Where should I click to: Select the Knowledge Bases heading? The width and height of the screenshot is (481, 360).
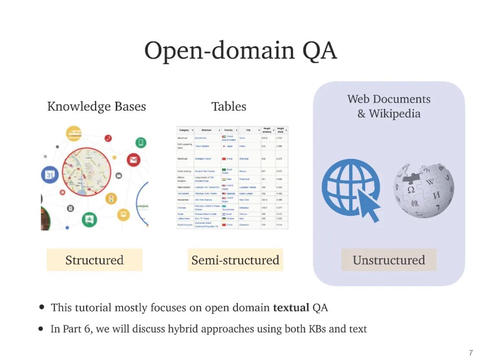pyautogui.click(x=97, y=107)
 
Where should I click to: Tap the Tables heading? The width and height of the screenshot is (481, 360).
pyautogui.click(x=229, y=107)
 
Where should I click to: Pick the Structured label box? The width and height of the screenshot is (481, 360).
pyautogui.click(x=94, y=260)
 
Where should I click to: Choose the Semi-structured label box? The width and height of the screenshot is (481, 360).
pyautogui.click(x=235, y=260)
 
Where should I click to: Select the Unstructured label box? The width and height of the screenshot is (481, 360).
pyautogui.click(x=389, y=260)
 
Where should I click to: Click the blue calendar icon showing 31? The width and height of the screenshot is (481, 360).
pyautogui.click(x=50, y=175)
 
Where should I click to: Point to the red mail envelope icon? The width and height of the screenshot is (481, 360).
pyautogui.click(x=133, y=159)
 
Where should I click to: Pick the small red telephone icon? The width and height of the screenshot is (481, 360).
pyautogui.click(x=108, y=138)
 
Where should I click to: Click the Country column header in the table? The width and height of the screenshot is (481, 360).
pyautogui.click(x=228, y=130)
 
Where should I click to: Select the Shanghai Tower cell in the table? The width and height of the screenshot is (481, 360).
pyautogui.click(x=203, y=158)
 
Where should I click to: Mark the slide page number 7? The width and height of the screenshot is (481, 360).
pyautogui.click(x=471, y=353)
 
